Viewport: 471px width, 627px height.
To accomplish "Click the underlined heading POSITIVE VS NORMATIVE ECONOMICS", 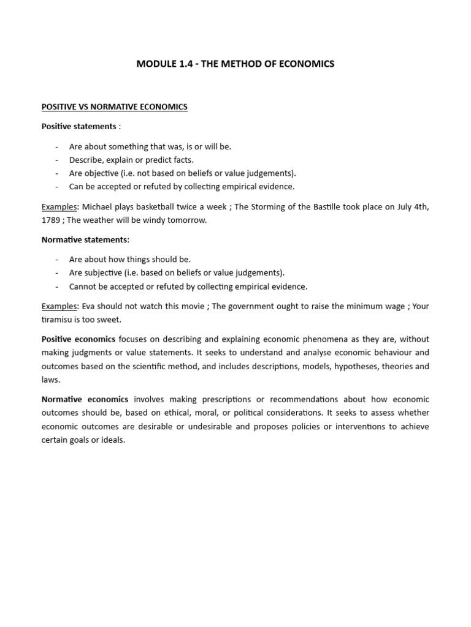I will click(114, 107).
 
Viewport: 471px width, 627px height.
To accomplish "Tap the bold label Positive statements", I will click(78, 126).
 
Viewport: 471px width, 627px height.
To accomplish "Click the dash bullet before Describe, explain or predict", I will click(56, 160).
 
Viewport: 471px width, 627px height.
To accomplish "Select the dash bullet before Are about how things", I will click(56, 260).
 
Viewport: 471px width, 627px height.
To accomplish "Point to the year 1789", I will click(51, 220).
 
